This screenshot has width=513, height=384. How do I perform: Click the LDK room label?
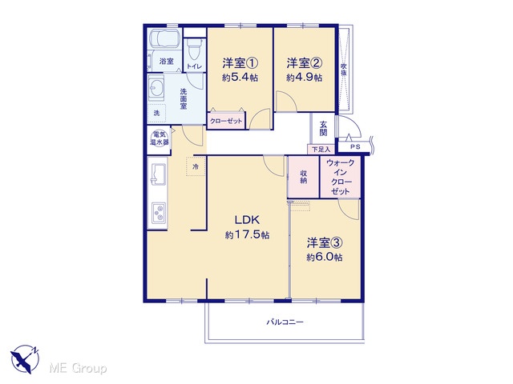(247, 220)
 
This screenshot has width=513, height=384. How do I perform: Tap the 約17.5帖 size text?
(248, 234)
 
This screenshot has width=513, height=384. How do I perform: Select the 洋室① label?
(240, 62)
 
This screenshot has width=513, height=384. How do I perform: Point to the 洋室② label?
(305, 62)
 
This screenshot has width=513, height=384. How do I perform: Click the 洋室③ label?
(325, 242)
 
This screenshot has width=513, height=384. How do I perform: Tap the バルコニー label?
(285, 322)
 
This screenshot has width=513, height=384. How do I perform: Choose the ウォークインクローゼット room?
(340, 177)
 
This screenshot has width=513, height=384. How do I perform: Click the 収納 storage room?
(303, 177)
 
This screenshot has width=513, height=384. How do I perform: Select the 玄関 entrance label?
(323, 128)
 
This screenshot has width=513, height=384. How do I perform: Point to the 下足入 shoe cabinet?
(321, 150)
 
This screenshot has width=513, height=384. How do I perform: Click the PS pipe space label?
(355, 147)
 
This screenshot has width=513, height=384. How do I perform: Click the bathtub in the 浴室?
(164, 39)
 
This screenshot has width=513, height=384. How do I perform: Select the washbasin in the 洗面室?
(156, 87)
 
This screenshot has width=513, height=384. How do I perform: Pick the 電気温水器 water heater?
(159, 138)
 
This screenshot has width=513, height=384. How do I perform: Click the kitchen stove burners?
(159, 213)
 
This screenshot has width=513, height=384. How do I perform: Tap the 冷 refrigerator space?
(196, 167)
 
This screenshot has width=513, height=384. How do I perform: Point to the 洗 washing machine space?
(157, 113)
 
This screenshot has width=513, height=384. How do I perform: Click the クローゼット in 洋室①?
(226, 121)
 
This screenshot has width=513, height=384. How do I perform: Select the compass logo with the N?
(25, 358)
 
